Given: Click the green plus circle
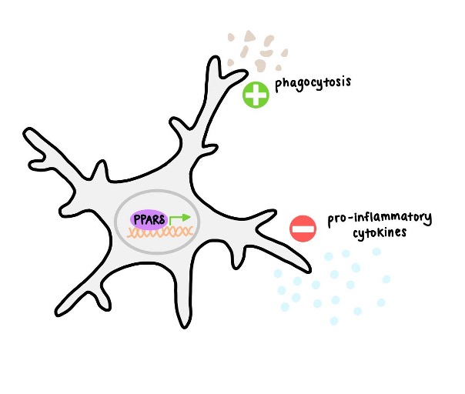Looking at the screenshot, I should coord(256,96).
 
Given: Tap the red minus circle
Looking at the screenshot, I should coord(303,228).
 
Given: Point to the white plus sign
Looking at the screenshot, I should coord(256,96).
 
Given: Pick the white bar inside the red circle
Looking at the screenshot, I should coord(303,228).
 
